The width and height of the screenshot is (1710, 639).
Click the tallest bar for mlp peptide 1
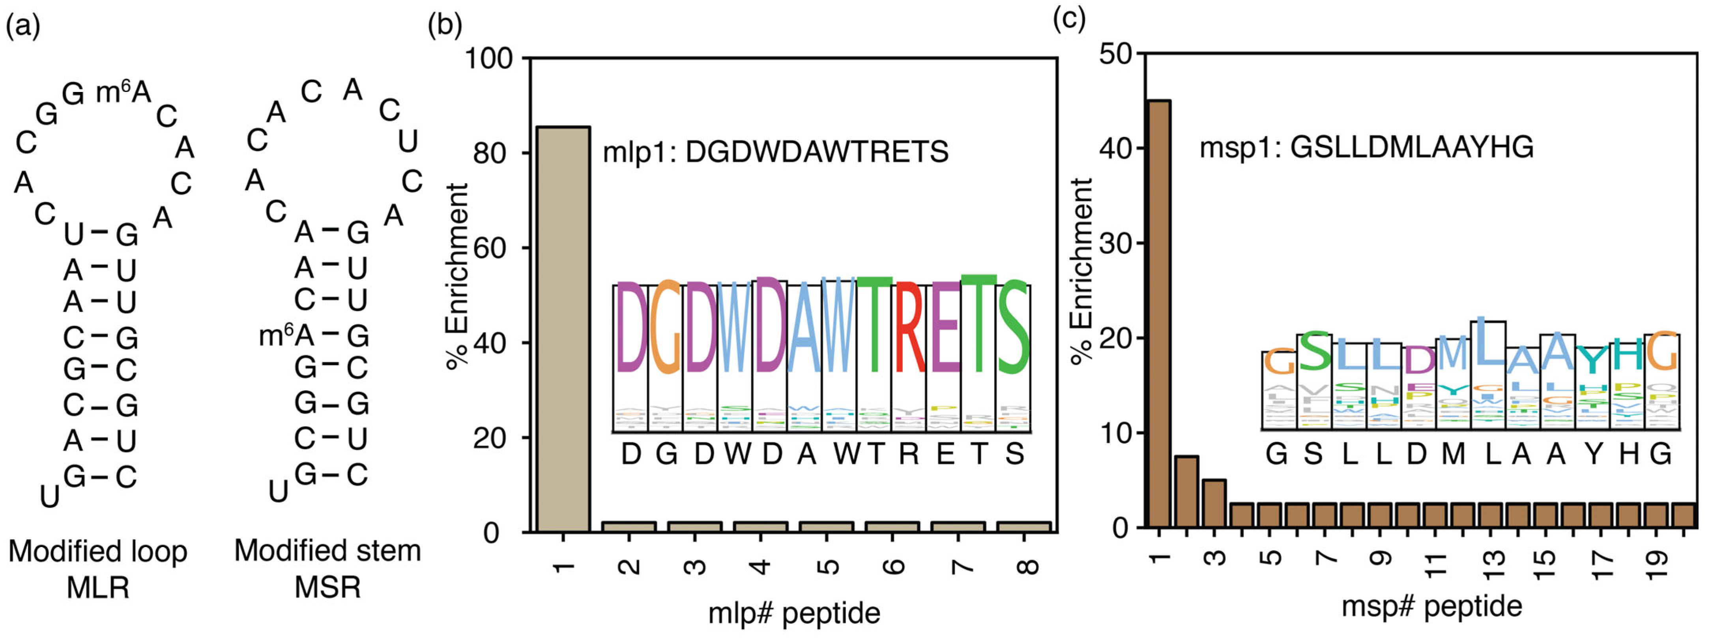click(x=563, y=329)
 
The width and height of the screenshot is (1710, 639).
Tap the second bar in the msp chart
click(x=1186, y=491)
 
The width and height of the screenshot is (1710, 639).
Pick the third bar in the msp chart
click(x=1214, y=503)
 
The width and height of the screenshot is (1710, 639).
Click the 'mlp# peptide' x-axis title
click(x=794, y=613)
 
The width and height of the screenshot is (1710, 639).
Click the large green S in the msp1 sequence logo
click(x=1314, y=352)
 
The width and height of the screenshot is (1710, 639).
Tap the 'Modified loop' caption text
click(x=97, y=551)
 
